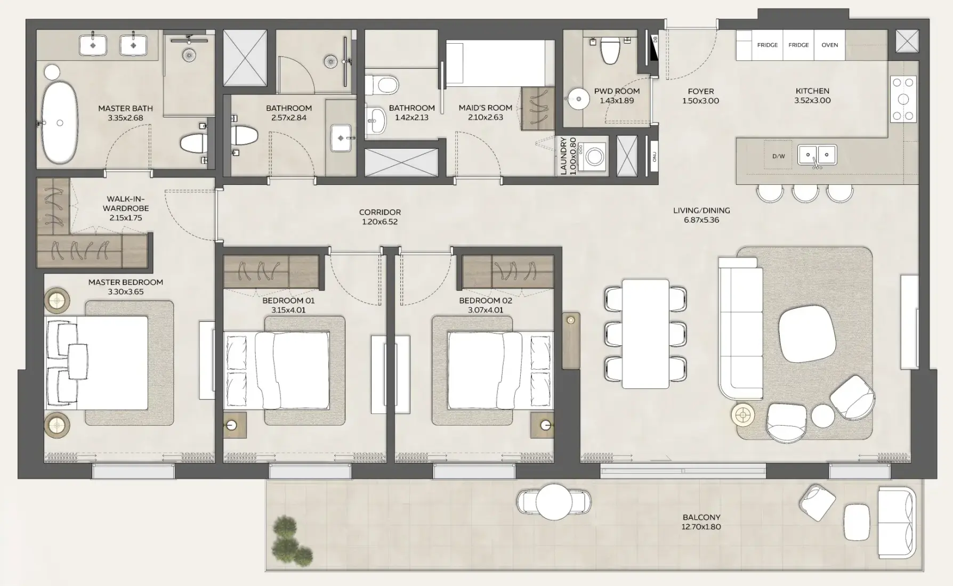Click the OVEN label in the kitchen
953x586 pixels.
point(829,45)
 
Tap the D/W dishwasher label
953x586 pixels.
point(778,156)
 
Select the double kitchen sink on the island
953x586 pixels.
point(817,155)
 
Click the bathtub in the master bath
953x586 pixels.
point(60,123)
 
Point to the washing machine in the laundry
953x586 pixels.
point(595,157)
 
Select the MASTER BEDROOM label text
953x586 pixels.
point(126,282)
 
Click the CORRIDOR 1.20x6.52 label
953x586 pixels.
point(379,217)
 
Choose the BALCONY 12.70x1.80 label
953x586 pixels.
point(701,522)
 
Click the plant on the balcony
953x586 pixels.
point(289,541)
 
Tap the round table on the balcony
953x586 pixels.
point(554,502)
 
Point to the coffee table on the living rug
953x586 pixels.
point(804,335)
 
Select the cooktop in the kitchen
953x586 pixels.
point(903,99)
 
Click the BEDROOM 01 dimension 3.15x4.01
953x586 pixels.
point(288,310)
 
